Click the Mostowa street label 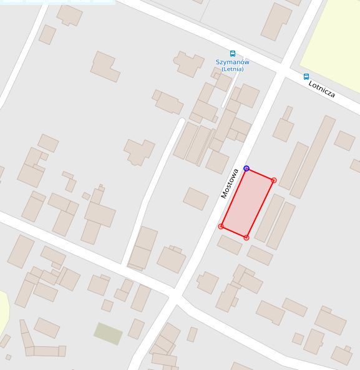click(x=230, y=183)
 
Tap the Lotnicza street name click(x=322, y=89)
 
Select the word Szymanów click(x=232, y=62)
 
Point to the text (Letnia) click(x=232, y=69)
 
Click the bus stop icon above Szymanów click(x=233, y=54)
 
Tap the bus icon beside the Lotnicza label click(x=306, y=77)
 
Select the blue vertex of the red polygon click(x=246, y=168)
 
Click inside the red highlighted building click(x=247, y=203)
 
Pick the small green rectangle click(x=108, y=333)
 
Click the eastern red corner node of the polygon click(x=274, y=180)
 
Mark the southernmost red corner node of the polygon click(x=246, y=238)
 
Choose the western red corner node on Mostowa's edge click(x=221, y=226)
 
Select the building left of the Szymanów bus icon click(x=189, y=64)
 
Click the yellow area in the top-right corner click(x=334, y=37)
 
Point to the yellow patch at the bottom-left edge click(x=3, y=312)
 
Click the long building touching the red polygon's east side click(x=269, y=218)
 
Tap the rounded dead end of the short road click(x=182, y=121)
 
